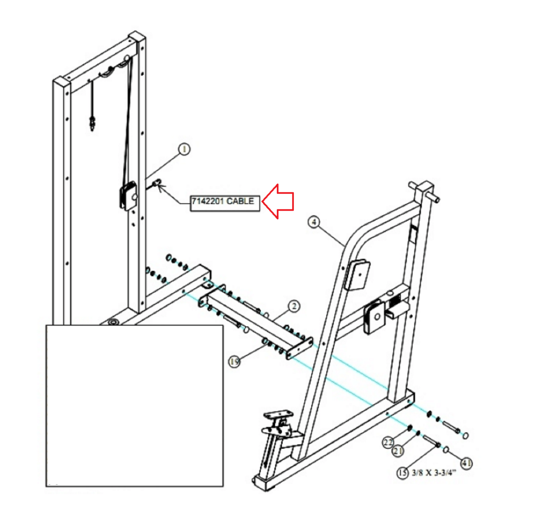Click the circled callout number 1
click(x=184, y=149)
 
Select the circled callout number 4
click(x=314, y=222)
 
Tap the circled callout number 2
click(x=294, y=306)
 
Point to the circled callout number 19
click(x=234, y=362)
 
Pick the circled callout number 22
click(x=388, y=443)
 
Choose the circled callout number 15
click(x=402, y=473)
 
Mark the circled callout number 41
click(x=466, y=463)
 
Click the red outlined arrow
click(x=278, y=201)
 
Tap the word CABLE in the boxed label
click(x=240, y=201)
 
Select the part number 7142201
click(x=208, y=201)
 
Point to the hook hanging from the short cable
click(x=92, y=123)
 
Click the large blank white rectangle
click(x=134, y=405)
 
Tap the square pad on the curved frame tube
click(x=358, y=275)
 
